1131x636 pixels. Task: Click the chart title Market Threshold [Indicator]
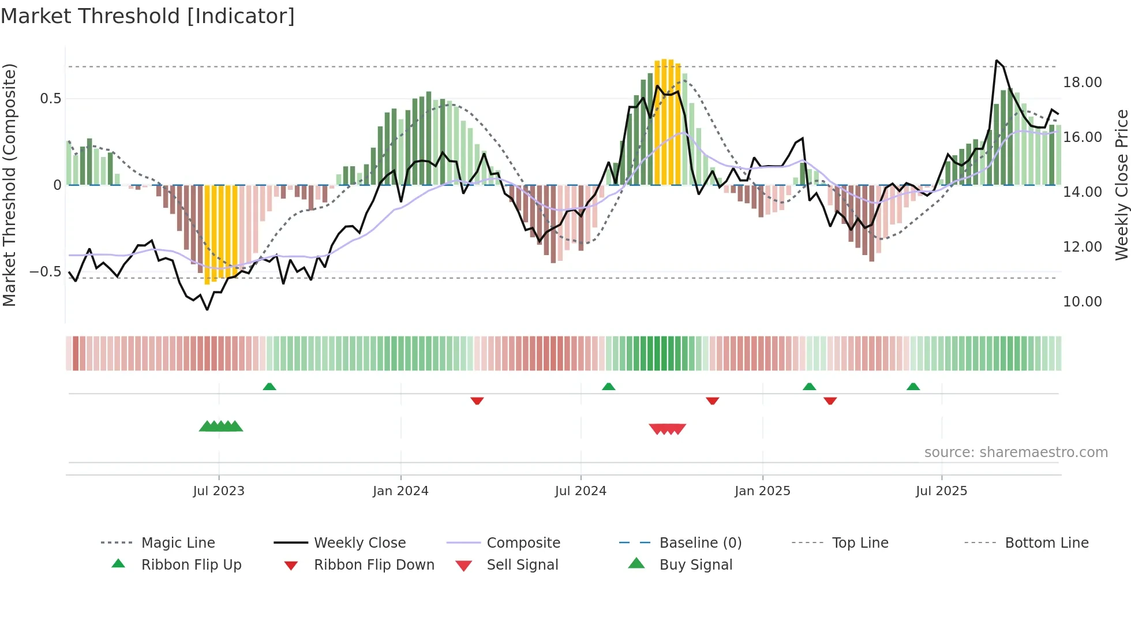pos(148,16)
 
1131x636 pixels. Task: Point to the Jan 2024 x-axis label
pos(400,491)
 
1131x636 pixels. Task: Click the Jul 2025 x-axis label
pos(941,491)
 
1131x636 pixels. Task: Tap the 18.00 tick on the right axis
pos(1082,83)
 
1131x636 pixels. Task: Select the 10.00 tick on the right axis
pos(1082,301)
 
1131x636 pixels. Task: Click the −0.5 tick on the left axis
pos(46,271)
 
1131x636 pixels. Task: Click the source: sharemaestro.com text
pos(1016,452)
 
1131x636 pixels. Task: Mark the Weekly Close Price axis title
pos(1121,185)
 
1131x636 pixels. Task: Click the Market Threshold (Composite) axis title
pos(9,185)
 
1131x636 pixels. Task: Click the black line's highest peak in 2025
pos(997,60)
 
